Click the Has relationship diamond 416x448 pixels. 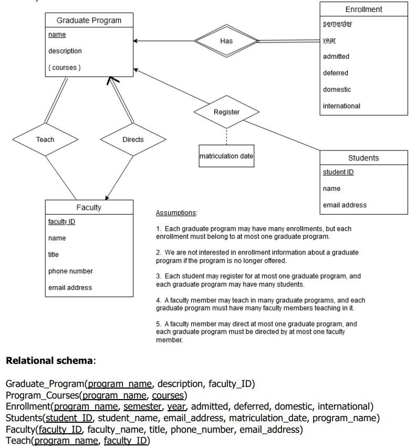226,41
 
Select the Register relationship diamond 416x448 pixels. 226,112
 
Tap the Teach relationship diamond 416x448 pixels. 45,139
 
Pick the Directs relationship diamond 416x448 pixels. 133,139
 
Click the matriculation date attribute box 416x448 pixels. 226,156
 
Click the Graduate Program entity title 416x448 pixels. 89,21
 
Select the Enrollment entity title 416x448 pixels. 363,9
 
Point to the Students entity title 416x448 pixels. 363,158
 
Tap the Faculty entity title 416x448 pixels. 89,207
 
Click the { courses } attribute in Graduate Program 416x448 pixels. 65,67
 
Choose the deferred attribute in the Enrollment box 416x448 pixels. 336,73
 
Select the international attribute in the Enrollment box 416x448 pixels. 341,106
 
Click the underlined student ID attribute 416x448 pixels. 338,172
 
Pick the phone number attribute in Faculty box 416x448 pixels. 70,271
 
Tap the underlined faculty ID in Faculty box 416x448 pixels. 61,221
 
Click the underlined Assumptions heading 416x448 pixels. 176,213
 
